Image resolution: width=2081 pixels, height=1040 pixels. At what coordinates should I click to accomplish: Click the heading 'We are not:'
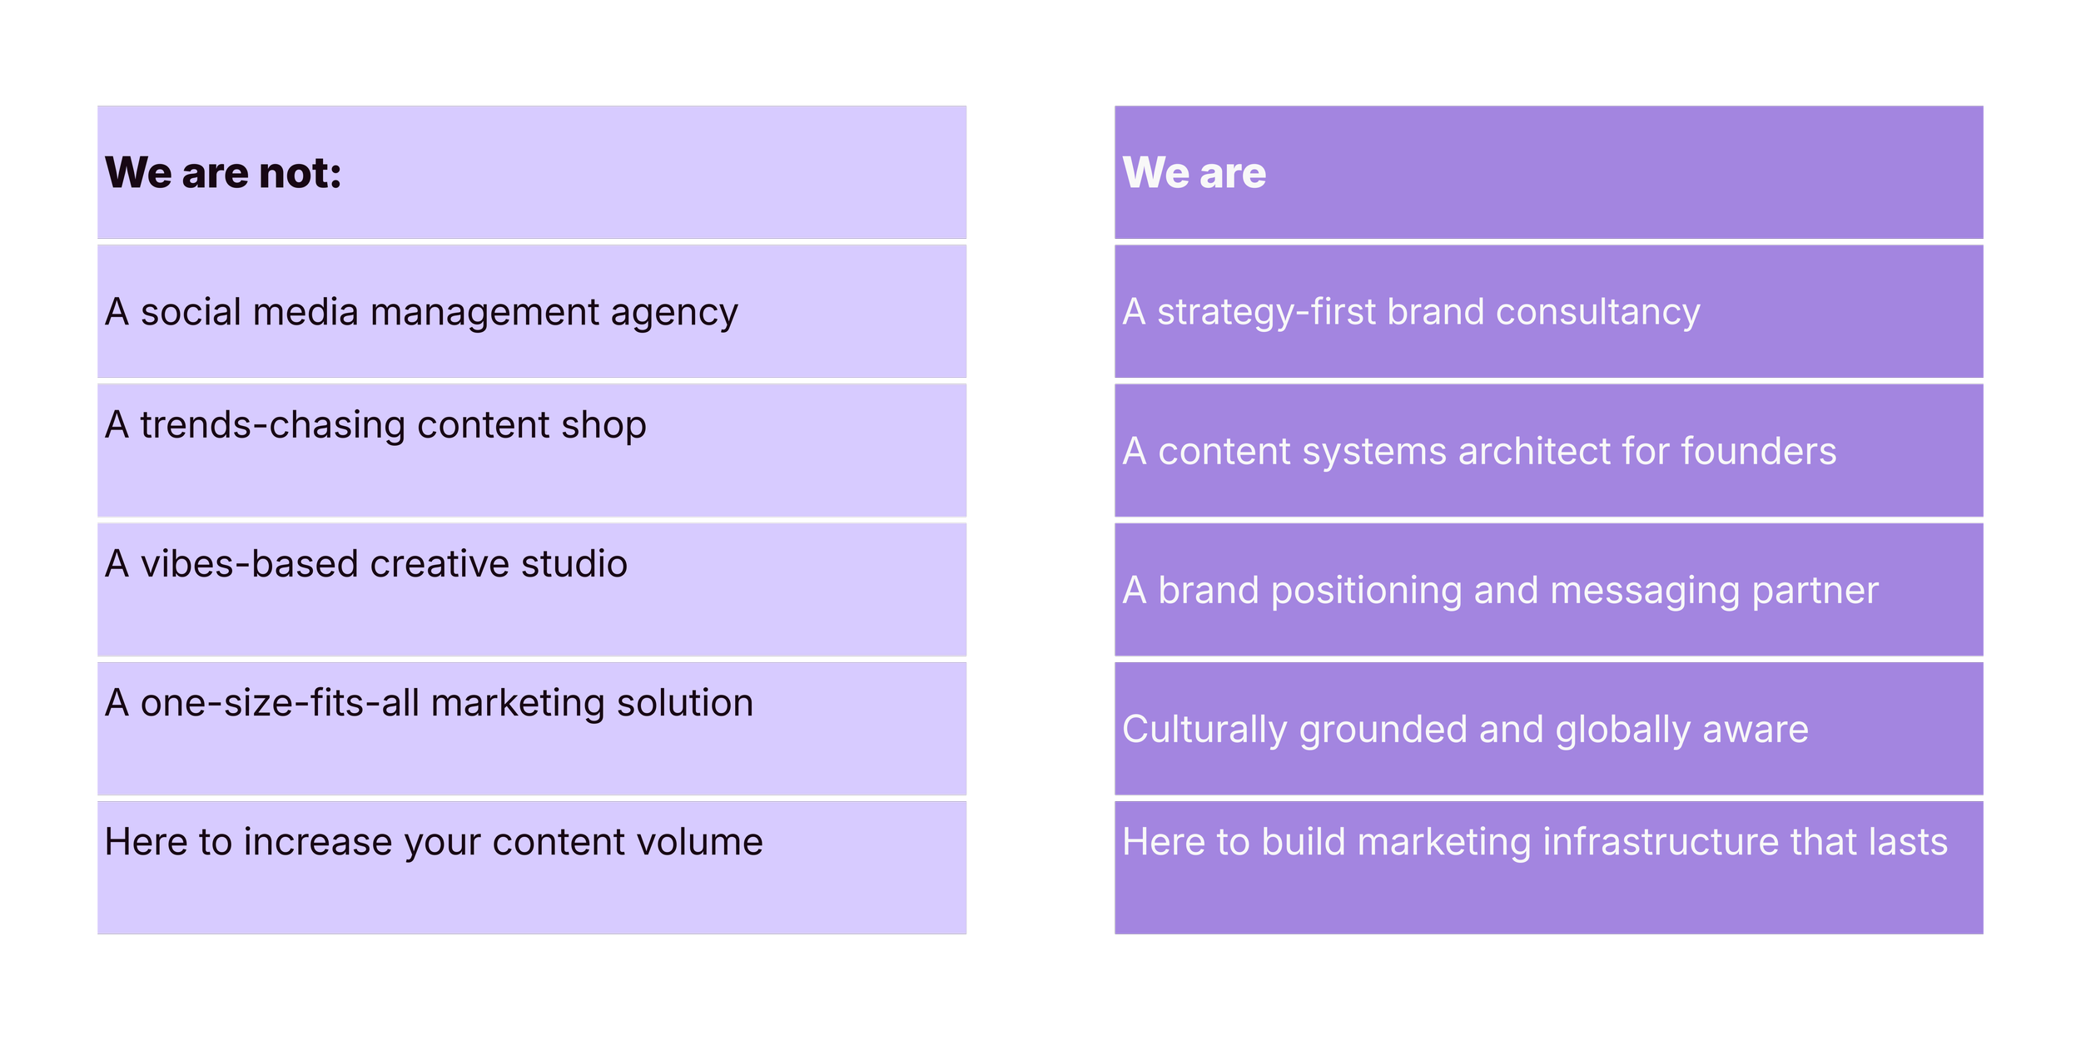point(223,173)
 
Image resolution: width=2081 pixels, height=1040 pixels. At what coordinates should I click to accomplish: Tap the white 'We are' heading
point(1194,173)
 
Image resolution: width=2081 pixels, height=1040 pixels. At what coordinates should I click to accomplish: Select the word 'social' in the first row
point(191,312)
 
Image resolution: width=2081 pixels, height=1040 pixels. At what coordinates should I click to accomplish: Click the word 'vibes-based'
point(249,564)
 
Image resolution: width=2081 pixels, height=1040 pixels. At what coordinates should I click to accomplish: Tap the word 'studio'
point(574,564)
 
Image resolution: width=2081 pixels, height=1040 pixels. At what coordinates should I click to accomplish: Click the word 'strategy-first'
point(1266,313)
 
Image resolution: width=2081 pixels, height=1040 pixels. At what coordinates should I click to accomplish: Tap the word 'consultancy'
point(1597,313)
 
